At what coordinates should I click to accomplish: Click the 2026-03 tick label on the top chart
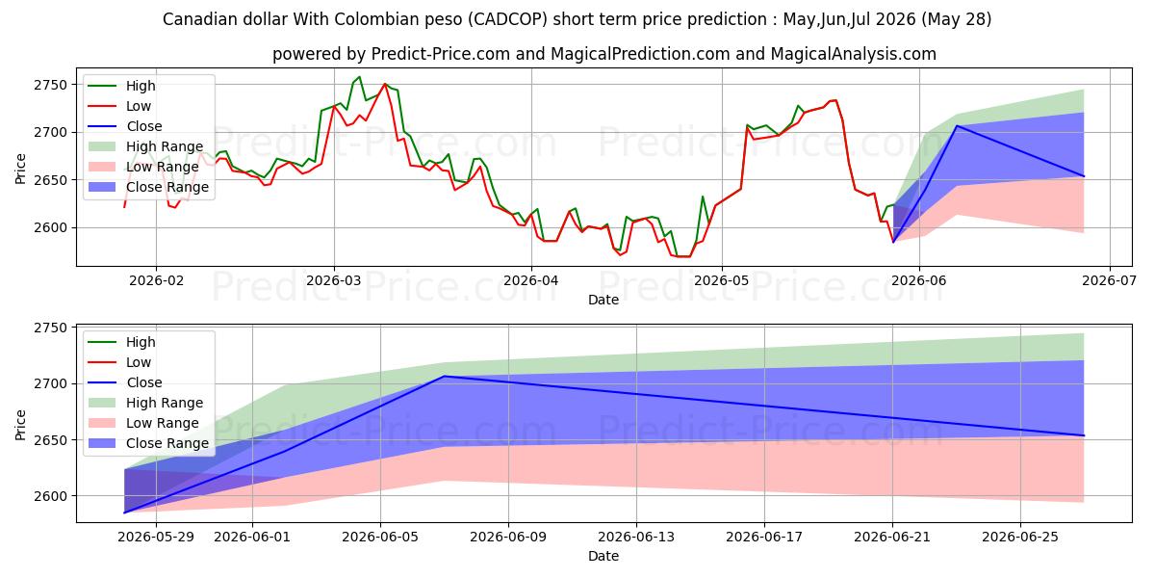(x=334, y=280)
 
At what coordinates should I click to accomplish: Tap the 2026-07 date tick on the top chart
(x=1109, y=280)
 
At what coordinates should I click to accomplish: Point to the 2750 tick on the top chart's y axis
(x=50, y=85)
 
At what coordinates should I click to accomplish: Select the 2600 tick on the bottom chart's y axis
(x=50, y=496)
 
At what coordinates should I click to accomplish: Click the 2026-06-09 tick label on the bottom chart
(x=508, y=538)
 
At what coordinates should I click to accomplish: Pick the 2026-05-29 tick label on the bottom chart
(x=156, y=538)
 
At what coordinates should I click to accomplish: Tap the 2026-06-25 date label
(x=1020, y=538)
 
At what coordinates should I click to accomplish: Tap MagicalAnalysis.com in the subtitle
(x=854, y=54)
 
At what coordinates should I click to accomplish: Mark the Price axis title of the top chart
(x=20, y=169)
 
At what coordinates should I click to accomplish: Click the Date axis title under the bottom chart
(x=603, y=556)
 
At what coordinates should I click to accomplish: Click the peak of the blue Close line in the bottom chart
(x=445, y=376)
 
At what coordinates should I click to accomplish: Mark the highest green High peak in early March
(x=359, y=77)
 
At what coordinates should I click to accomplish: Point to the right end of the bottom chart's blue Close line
(x=1084, y=435)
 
